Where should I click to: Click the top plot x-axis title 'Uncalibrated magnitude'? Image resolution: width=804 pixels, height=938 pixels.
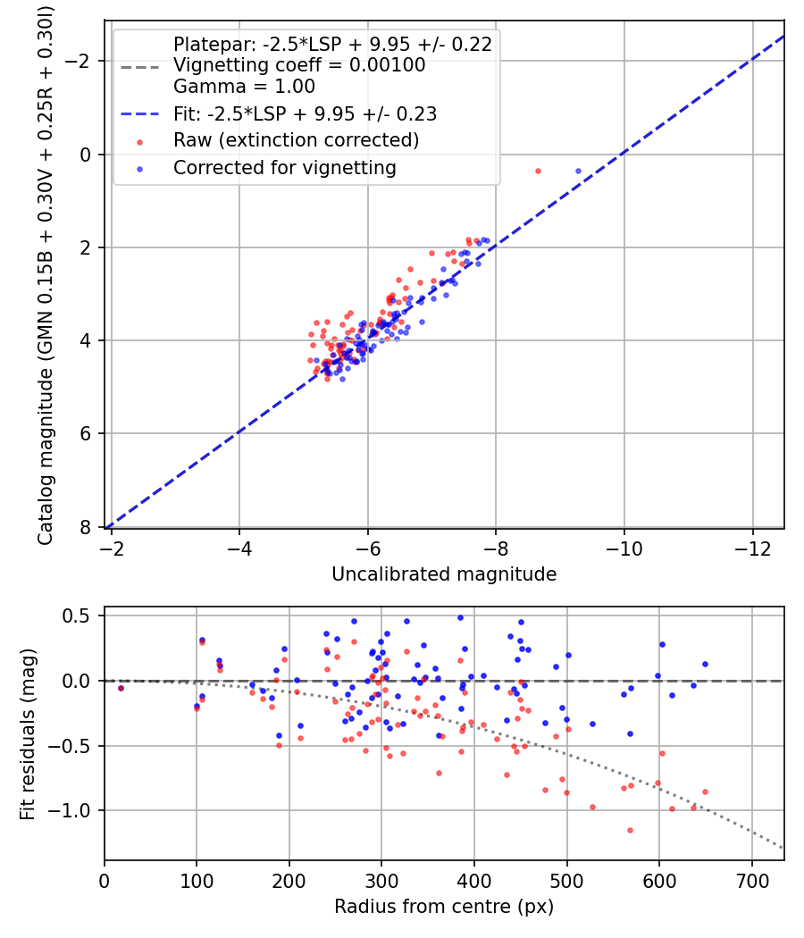click(x=444, y=574)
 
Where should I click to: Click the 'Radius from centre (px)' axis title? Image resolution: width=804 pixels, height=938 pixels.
click(x=444, y=907)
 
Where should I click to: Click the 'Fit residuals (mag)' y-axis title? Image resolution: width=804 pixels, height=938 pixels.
click(x=28, y=733)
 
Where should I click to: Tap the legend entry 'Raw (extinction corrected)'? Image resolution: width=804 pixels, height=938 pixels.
click(x=296, y=140)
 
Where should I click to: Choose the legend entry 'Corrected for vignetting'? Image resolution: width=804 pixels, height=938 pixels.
click(x=284, y=168)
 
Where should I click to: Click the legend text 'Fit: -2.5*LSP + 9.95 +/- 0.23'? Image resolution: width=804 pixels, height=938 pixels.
click(x=305, y=114)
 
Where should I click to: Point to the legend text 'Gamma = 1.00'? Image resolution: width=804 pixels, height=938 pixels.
click(x=244, y=88)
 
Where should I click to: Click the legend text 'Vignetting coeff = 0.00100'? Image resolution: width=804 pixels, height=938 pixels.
click(x=299, y=65)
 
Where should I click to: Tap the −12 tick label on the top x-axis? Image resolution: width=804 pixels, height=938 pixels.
click(x=752, y=546)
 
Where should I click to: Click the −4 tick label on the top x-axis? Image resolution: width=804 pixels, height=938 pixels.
click(x=239, y=546)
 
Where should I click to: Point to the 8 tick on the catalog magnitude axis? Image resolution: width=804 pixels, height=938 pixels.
click(x=88, y=527)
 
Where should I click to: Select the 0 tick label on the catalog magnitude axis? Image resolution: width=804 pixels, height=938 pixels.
click(x=88, y=154)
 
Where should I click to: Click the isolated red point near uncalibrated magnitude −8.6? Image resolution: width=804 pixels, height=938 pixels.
click(x=538, y=171)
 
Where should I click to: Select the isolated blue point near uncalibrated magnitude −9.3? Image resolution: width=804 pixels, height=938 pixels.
click(x=578, y=171)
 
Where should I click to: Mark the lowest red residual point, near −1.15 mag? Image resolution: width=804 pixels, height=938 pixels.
click(x=630, y=830)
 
